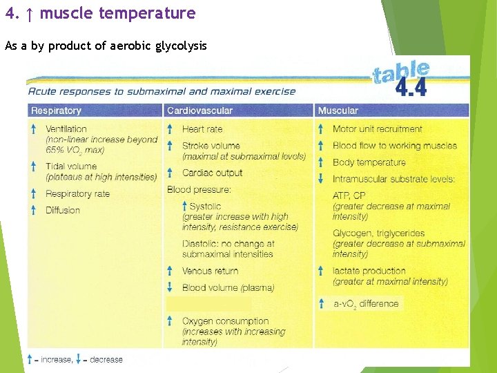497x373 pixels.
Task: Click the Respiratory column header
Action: tap(56, 111)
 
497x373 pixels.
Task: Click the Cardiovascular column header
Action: tap(199, 111)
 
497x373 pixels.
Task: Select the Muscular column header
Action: tap(338, 111)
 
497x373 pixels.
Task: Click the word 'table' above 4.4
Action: tap(401, 71)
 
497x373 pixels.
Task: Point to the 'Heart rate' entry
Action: tap(202, 129)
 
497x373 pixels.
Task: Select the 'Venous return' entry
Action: tap(210, 271)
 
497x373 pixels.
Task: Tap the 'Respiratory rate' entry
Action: tap(77, 194)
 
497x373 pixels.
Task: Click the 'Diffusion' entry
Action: tap(63, 210)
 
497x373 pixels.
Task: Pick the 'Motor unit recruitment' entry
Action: tap(377, 129)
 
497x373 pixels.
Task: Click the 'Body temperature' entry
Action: tap(369, 162)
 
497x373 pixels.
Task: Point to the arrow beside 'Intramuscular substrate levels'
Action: tap(321, 179)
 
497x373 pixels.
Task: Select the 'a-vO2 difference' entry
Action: tap(365, 303)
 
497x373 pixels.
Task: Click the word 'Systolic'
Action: tap(205, 207)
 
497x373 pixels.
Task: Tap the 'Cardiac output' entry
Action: tap(212, 173)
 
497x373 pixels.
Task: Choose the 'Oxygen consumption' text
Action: tap(225, 321)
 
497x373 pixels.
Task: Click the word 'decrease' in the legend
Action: tap(106, 359)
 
